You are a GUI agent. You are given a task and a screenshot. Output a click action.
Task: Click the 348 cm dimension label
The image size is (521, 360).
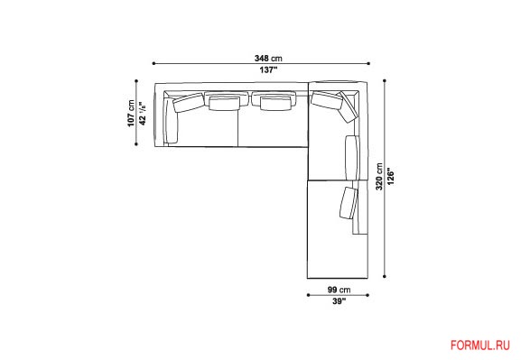268,59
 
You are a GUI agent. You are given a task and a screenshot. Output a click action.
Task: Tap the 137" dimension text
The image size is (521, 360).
268,70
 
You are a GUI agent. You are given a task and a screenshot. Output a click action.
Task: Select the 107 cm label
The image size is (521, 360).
131,113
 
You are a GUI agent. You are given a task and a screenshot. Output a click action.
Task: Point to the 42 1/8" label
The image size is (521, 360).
143,113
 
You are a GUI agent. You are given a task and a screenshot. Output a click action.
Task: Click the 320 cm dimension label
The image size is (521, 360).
379,177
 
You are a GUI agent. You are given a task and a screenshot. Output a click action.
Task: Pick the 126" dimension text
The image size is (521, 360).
391,177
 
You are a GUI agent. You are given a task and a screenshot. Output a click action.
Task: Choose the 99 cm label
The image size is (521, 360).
339,290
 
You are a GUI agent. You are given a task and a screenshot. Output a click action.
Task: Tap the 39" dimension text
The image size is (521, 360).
339,301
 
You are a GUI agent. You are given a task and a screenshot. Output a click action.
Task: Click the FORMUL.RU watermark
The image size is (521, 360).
480,346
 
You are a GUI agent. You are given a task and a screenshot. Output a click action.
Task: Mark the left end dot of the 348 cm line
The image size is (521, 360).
154,63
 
